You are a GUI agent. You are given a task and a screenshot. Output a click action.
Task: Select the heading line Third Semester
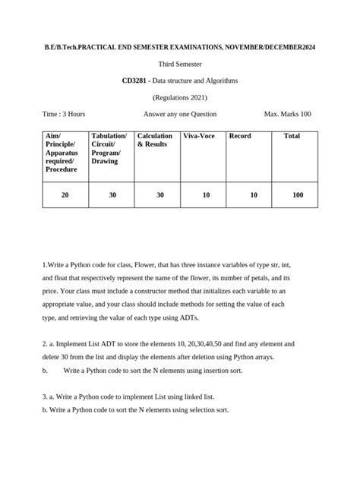(x=179, y=63)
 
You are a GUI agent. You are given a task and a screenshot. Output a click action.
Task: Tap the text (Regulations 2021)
(x=179, y=97)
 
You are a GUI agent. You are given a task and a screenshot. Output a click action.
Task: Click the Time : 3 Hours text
(x=64, y=114)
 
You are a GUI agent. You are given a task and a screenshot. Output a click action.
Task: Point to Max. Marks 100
(x=287, y=114)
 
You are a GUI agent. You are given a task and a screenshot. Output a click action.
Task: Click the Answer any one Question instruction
(x=180, y=114)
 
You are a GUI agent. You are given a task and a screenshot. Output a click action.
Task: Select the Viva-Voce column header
(x=199, y=136)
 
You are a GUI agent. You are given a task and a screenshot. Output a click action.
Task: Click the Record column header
(x=240, y=136)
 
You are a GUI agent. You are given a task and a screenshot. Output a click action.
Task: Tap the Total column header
(x=291, y=136)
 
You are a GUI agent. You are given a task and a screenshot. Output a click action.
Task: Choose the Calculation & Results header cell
(x=155, y=140)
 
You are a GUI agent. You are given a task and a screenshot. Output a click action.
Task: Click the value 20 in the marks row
(x=65, y=195)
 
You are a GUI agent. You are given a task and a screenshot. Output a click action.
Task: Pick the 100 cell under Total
(x=297, y=195)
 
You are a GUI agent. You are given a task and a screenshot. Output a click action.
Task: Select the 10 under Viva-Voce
(x=206, y=195)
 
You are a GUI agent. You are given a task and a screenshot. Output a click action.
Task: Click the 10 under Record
(x=253, y=195)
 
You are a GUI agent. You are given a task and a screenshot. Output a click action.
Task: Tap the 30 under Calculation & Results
(x=160, y=195)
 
